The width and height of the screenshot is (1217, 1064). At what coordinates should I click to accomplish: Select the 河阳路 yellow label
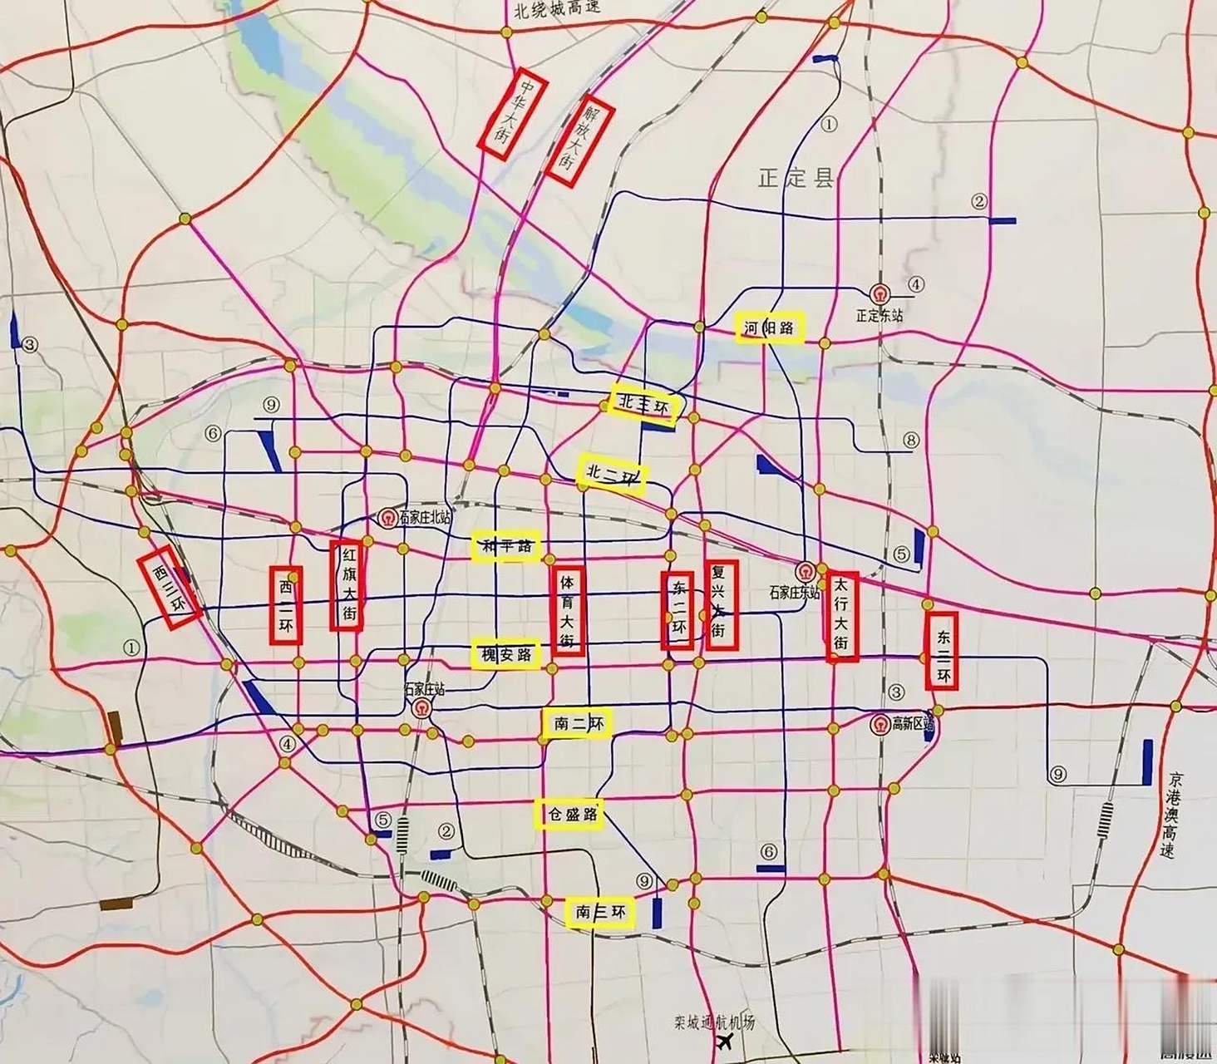pos(769,328)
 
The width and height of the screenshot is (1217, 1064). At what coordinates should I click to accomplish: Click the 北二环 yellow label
pos(612,475)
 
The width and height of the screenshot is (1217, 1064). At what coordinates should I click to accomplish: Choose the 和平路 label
pos(505,546)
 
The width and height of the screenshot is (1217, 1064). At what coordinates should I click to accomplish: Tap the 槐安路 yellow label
pos(505,655)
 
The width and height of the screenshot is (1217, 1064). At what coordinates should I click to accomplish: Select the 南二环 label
pos(578,723)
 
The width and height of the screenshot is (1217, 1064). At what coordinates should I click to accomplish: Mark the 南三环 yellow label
pos(599,912)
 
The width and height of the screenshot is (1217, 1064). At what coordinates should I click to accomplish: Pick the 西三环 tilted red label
pos(170,588)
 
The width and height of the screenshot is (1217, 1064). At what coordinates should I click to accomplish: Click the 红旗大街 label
pos(348,585)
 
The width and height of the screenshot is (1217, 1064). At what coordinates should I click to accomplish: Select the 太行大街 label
pos(841,616)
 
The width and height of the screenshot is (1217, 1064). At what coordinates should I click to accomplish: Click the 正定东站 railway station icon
pos(879,293)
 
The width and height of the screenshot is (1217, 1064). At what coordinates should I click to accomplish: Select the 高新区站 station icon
pos(879,725)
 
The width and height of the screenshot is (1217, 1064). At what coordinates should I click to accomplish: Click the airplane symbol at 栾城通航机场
pos(724,1042)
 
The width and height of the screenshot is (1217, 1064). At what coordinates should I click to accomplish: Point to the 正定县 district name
pos(795,177)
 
